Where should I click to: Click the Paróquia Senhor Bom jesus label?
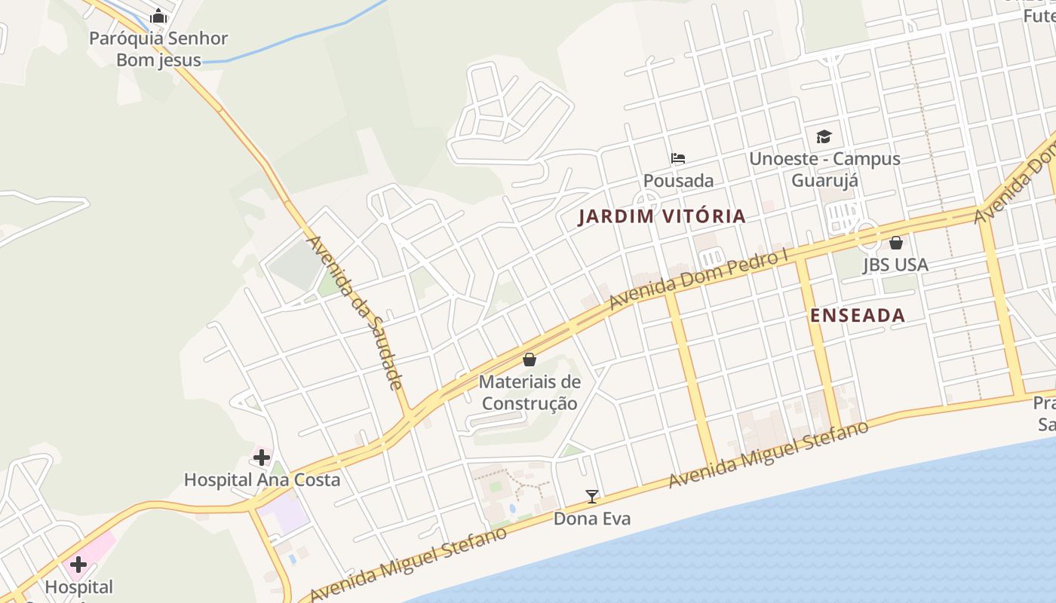click(158, 49)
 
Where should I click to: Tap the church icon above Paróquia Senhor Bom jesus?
click(158, 16)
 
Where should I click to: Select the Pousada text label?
click(678, 181)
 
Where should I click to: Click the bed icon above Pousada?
click(678, 158)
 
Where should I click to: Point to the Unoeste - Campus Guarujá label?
click(824, 170)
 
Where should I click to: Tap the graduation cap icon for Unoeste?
click(824, 137)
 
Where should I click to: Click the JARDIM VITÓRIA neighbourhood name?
click(662, 216)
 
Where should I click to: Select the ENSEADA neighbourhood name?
click(858, 316)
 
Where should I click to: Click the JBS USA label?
click(895, 265)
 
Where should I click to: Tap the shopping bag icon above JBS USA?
click(896, 243)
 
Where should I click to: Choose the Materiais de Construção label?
click(530, 393)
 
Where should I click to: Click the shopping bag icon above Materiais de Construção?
click(530, 360)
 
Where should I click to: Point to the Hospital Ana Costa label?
click(262, 480)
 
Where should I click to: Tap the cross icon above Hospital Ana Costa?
click(262, 458)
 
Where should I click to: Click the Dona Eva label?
click(592, 519)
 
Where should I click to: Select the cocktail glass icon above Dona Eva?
click(592, 496)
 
